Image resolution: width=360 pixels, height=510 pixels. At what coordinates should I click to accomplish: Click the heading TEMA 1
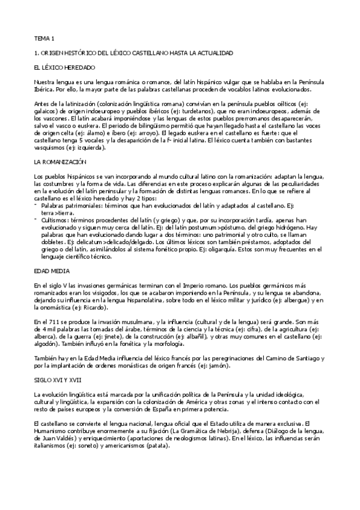click(43, 38)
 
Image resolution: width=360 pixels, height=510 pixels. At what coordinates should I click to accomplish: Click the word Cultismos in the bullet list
click(55, 204)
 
